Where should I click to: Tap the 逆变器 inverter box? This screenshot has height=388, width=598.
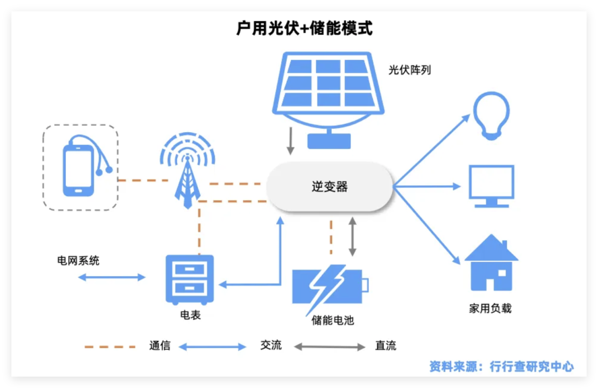coord(329,187)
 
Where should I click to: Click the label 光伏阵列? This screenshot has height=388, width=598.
coord(410,71)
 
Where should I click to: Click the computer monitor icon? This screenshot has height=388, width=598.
coord(491,186)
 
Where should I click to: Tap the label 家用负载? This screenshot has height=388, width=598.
coord(490,308)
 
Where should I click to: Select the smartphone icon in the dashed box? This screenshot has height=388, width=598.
coord(79,167)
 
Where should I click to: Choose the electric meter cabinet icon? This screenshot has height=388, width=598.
coord(189,279)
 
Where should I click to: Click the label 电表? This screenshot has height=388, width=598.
coord(190,315)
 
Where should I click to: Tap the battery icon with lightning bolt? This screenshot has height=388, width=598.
coord(329,286)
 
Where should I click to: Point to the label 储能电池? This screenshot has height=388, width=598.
coord(332,320)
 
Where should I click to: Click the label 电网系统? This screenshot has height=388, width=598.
coord(78,260)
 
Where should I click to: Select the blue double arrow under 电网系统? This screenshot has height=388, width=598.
coord(111,277)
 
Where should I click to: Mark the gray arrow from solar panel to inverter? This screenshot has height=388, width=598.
coord(290,141)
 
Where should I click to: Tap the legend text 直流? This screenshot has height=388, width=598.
coord(385,347)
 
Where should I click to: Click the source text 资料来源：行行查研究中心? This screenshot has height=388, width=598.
coord(501,366)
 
